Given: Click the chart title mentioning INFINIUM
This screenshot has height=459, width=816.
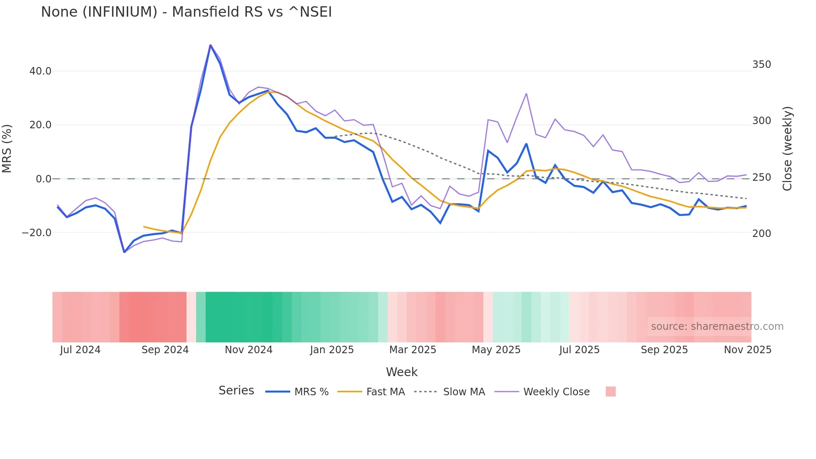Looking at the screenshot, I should pyautogui.click(x=186, y=12).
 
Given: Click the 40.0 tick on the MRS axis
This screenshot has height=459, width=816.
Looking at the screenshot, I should pyautogui.click(x=40, y=71).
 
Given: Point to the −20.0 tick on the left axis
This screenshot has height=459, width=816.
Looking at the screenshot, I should pyautogui.click(x=37, y=233).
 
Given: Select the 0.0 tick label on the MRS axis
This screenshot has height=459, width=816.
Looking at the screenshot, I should pyautogui.click(x=43, y=179).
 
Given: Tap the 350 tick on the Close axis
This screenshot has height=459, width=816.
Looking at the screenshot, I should pyautogui.click(x=761, y=65).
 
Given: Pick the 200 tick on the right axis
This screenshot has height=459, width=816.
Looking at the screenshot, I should pyautogui.click(x=761, y=234).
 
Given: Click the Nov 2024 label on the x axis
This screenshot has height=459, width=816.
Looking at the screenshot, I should pyautogui.click(x=249, y=350).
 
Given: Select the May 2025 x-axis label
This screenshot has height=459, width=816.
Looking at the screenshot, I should pyautogui.click(x=496, y=350).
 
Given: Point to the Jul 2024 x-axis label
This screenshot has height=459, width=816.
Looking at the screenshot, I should pyautogui.click(x=80, y=350).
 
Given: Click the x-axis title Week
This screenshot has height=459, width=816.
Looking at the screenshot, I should pyautogui.click(x=401, y=372).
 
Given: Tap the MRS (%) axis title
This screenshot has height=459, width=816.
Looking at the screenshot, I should pyautogui.click(x=7, y=148).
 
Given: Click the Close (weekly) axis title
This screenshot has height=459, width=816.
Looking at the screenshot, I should pyautogui.click(x=787, y=149).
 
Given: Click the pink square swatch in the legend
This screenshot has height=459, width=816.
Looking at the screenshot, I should pyautogui.click(x=610, y=392).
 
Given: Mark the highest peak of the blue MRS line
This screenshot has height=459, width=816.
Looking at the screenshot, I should pyautogui.click(x=210, y=45).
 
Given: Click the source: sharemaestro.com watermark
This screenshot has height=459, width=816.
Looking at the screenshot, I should pyautogui.click(x=717, y=327).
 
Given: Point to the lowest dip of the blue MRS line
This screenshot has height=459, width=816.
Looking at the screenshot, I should pyautogui.click(x=124, y=252).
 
